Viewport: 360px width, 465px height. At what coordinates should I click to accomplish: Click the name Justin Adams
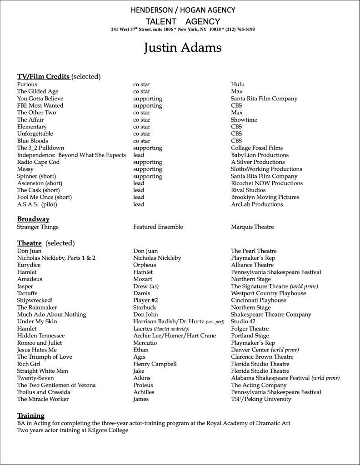[183, 48]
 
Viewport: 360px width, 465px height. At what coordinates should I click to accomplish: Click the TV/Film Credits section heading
[44, 76]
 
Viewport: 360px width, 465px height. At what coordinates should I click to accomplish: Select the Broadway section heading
[33, 219]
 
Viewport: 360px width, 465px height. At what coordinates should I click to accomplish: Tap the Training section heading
[31, 416]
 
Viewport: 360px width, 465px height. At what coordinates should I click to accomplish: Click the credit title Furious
[27, 84]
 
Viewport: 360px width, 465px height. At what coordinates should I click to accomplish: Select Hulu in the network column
[238, 84]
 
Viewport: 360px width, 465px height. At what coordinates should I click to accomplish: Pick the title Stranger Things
[38, 227]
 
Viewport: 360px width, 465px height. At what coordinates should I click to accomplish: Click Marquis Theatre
[252, 227]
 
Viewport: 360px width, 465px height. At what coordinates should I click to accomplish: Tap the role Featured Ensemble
[158, 227]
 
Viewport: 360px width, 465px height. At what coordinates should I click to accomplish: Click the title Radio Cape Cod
[38, 162]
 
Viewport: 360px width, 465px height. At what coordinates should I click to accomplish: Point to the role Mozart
[143, 279]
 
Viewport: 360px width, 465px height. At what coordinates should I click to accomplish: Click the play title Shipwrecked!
[35, 300]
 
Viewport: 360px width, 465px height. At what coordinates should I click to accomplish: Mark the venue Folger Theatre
[250, 329]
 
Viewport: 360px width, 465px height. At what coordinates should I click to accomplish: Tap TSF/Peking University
[261, 399]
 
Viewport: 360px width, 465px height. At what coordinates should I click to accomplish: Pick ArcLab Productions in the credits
[257, 204]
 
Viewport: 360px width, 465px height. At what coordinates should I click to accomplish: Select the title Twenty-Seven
[35, 378]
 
